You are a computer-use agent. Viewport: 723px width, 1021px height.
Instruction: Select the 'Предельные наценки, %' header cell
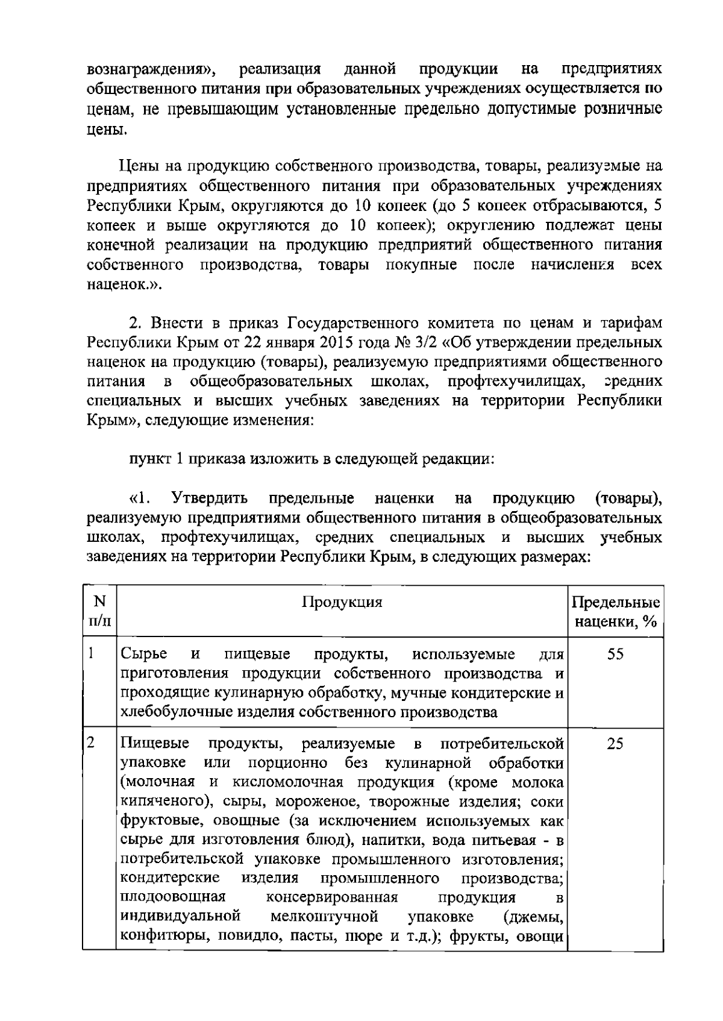point(615,612)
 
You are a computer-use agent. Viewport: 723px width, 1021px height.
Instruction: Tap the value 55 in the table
point(615,655)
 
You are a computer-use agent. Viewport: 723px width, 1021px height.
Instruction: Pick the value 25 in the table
point(615,744)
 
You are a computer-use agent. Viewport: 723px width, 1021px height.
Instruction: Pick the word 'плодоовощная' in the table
point(173,897)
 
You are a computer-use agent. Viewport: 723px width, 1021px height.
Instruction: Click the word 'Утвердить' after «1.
point(210,499)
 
